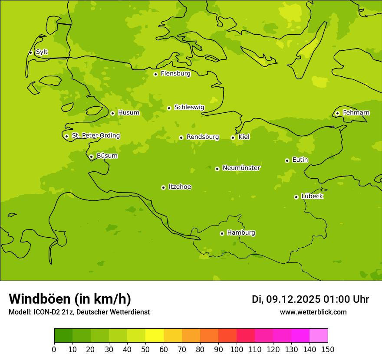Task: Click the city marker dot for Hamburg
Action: pos(222,233)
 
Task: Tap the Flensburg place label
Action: pos(175,74)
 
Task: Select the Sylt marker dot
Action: pos(30,52)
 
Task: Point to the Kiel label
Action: pos(244,137)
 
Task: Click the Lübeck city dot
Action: pos(296,197)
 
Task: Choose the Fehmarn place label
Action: pos(356,113)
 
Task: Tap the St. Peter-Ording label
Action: pos(95,136)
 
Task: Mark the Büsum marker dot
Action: pos(91,157)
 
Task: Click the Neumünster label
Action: pos(241,168)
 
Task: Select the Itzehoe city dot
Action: pos(163,187)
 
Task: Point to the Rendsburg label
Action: pos(203,137)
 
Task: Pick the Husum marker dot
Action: pos(112,113)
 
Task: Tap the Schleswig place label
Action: pos(189,107)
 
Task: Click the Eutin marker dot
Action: pos(287,160)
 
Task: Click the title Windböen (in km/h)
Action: pos(70,299)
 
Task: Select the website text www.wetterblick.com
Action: pos(313,312)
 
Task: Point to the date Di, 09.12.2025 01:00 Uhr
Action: pos(310,299)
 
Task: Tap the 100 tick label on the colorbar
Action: pos(237,350)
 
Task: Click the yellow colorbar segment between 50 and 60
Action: pos(155,336)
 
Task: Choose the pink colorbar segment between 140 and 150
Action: pos(319,336)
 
